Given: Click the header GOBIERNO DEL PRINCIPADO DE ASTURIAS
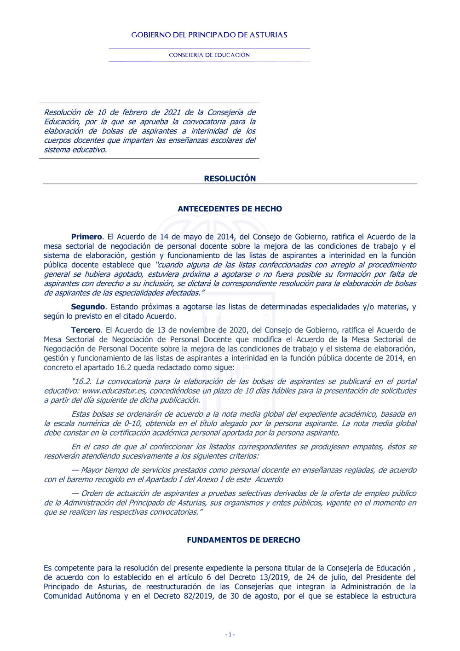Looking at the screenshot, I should [209, 35].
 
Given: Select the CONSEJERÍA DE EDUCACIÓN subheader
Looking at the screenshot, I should [209, 55].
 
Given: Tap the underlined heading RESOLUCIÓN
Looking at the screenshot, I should [230, 179].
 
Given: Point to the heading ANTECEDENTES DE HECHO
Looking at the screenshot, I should [230, 209].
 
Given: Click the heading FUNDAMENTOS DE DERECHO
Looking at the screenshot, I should [243, 540].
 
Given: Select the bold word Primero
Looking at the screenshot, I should [86, 237].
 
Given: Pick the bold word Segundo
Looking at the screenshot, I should [88, 307].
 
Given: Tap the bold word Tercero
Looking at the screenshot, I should [86, 330].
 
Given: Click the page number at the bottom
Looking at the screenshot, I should [230, 634].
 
